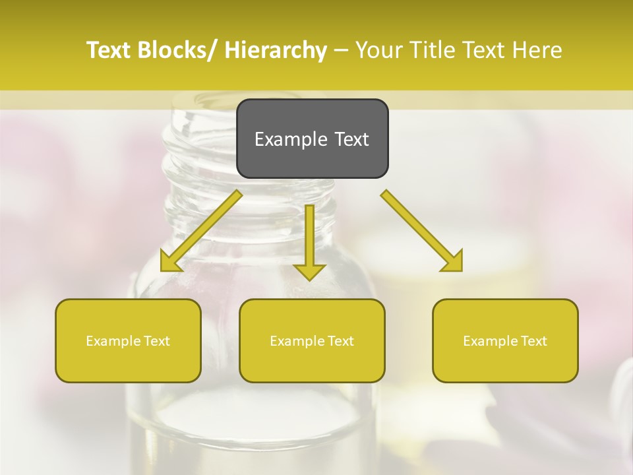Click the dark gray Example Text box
coord(312,139)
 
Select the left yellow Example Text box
coord(128,340)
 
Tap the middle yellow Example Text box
coord(312,340)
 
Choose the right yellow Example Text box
coord(505,340)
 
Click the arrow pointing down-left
coord(201,231)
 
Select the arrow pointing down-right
coord(422,231)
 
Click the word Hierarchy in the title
coord(275,50)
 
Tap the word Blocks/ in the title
coord(176,50)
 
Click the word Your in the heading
coord(380,50)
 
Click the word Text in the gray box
coord(351,139)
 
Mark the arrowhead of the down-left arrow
coord(170,263)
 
